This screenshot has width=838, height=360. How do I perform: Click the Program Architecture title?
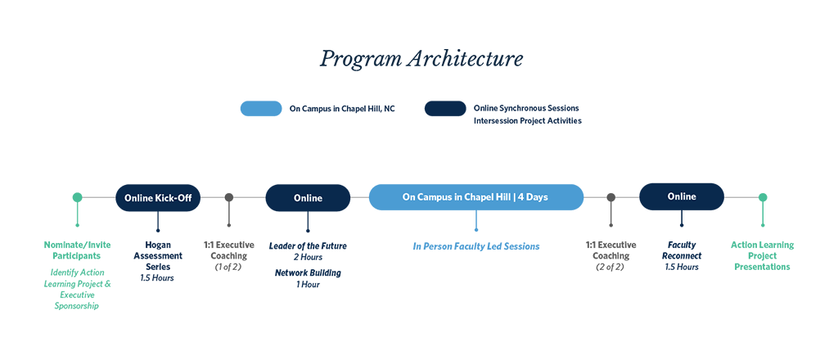tap(421, 59)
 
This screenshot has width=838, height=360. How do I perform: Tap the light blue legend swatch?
tap(261, 109)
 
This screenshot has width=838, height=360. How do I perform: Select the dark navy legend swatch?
tap(445, 109)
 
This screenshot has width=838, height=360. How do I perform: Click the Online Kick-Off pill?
tap(158, 198)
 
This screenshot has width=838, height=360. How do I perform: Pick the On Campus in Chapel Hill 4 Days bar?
tap(475, 197)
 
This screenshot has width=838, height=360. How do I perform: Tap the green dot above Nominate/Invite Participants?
tap(78, 197)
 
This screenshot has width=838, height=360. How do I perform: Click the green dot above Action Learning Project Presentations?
tap(763, 197)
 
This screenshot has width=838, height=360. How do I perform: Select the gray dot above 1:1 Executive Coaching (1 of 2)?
tap(229, 197)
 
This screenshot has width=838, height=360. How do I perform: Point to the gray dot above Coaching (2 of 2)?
tap(610, 197)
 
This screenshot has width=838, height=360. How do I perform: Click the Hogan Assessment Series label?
tap(158, 256)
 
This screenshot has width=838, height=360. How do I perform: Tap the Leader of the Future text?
tap(308, 246)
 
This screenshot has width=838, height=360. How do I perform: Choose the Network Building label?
tap(308, 273)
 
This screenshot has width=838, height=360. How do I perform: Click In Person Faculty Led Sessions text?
tap(476, 246)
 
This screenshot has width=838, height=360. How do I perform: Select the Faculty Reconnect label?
tap(682, 250)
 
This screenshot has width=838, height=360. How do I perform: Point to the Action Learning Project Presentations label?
tap(762, 256)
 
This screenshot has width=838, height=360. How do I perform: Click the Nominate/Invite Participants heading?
tap(78, 250)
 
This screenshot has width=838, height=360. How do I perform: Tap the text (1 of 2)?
tap(228, 267)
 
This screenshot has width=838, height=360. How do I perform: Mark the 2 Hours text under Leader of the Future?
tap(308, 258)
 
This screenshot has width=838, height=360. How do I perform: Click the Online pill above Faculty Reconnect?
tap(682, 196)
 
